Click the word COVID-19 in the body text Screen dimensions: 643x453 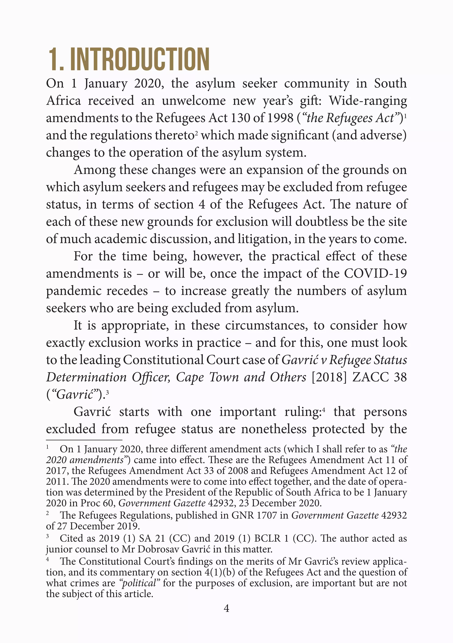pos(375,273)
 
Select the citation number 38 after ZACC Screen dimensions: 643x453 pos(400,377)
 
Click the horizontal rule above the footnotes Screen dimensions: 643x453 pos(84,440)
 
